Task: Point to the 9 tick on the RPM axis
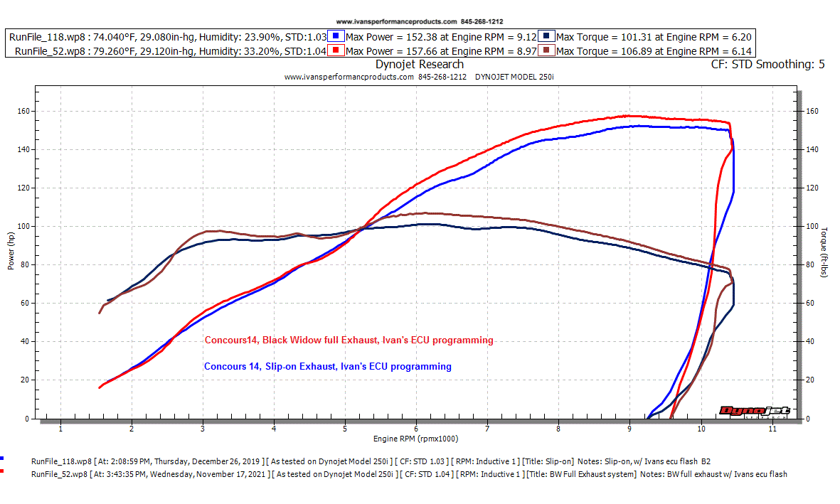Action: (x=629, y=429)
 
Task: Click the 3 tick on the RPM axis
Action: (x=203, y=429)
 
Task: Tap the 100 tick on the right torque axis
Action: (x=812, y=226)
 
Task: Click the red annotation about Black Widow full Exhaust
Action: (x=349, y=341)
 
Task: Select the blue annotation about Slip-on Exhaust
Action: (x=327, y=367)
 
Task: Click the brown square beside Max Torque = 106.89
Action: (x=547, y=51)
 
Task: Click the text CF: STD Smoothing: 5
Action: (x=767, y=65)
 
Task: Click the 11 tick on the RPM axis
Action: (x=772, y=429)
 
